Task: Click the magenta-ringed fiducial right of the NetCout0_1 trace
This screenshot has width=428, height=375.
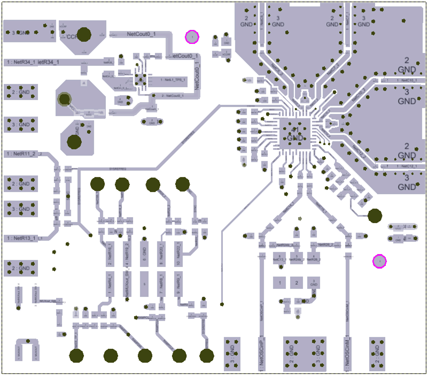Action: (x=191, y=36)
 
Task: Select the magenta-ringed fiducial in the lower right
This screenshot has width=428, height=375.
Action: (x=379, y=261)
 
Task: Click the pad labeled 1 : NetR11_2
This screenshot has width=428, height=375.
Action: (x=25, y=154)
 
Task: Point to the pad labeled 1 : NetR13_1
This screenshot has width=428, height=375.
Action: (x=25, y=238)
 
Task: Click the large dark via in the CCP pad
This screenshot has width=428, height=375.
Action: (x=83, y=34)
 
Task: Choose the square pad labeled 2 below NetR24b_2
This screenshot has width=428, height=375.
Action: (x=297, y=282)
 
